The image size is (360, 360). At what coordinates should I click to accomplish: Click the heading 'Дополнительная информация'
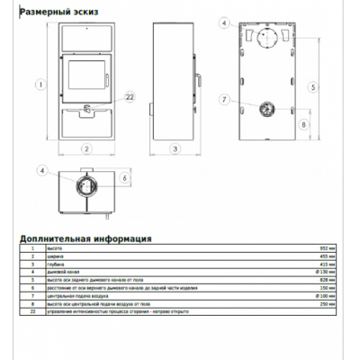(x=85, y=238)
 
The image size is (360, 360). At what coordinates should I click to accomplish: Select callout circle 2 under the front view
(x=87, y=148)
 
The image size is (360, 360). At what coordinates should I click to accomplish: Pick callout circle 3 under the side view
(x=175, y=148)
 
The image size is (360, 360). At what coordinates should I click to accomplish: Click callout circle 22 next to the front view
(x=128, y=97)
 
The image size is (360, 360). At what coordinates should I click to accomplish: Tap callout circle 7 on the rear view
(x=223, y=98)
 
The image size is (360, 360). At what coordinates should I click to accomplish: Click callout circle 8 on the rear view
(x=303, y=124)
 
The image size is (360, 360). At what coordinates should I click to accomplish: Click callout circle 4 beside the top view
(x=41, y=170)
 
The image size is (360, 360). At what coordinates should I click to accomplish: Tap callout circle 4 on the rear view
(x=223, y=18)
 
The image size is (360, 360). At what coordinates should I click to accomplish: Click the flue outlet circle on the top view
(x=87, y=186)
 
